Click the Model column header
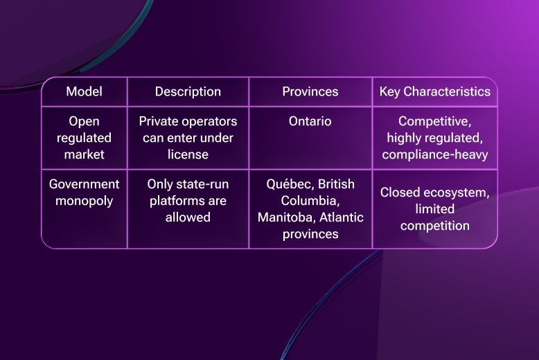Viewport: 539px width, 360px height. click(84, 91)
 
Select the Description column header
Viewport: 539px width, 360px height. click(188, 91)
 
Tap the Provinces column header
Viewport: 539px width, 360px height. click(310, 91)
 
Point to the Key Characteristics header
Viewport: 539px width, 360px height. click(435, 91)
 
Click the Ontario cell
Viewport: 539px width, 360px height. click(310, 122)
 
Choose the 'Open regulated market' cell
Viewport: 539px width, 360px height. click(84, 138)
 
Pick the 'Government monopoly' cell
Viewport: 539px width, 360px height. click(84, 192)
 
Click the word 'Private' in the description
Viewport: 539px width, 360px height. click(158, 122)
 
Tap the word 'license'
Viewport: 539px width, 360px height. click(188, 154)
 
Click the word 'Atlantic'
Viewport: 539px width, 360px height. click(340, 217)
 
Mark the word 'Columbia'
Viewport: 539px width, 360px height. click(310, 201)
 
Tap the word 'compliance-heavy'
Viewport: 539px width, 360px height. click(435, 154)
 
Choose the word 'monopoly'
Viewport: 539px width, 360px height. click(84, 201)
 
